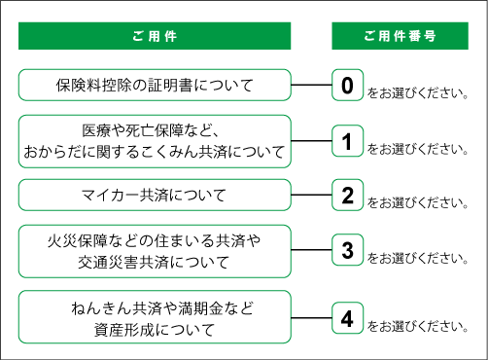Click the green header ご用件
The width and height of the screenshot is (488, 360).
[x=155, y=36]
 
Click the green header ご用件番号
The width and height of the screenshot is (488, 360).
[x=399, y=36]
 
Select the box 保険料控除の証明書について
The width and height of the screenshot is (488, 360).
[x=155, y=86]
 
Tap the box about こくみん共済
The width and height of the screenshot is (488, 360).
[x=155, y=141]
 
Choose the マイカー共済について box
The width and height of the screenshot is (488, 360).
[x=155, y=196]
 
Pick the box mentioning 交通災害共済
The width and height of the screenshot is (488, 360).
[x=155, y=251]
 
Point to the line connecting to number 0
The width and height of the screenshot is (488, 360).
[x=311, y=86]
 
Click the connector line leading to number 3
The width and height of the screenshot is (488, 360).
[x=311, y=251]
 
